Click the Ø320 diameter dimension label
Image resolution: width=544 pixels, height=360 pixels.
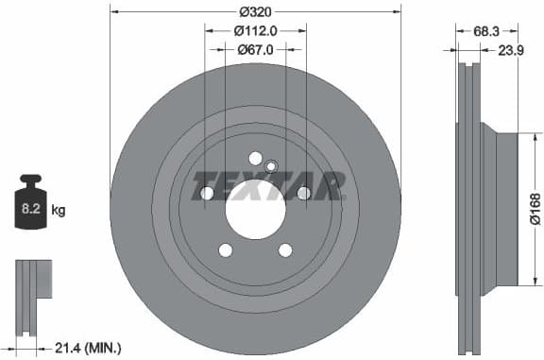click(x=256, y=11)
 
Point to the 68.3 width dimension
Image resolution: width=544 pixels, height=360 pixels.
click(x=485, y=31)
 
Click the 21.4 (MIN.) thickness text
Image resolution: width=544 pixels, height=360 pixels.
click(x=88, y=348)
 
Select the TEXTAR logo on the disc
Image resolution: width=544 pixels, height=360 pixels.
click(x=266, y=186)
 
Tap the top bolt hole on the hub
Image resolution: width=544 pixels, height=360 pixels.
click(x=255, y=159)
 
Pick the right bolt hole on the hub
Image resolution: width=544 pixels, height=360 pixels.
click(x=303, y=194)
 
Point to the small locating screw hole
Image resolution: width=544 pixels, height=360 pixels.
click(x=270, y=167)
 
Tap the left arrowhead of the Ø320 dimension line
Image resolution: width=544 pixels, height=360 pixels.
click(x=113, y=11)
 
